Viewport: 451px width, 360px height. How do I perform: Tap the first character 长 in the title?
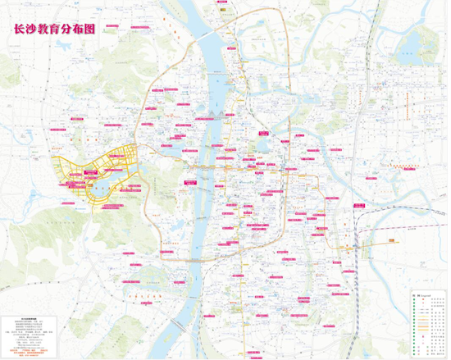(12, 27)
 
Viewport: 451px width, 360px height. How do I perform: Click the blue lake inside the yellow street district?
(102, 190)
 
